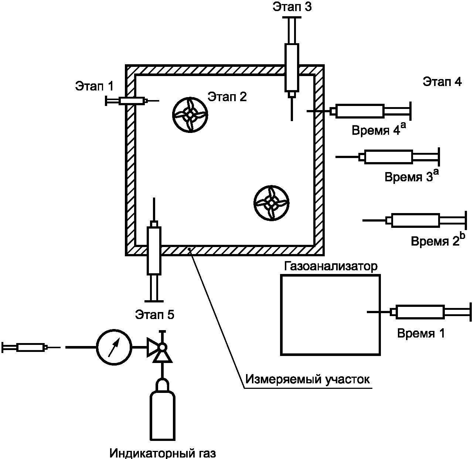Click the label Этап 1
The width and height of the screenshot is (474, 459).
[x=94, y=86]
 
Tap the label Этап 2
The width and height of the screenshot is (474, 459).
[x=227, y=97]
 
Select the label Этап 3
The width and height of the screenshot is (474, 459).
[x=292, y=7]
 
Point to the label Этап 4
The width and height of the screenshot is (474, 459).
[x=442, y=82]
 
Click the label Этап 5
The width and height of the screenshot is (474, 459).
[x=155, y=315]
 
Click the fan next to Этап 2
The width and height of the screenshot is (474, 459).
[x=190, y=115]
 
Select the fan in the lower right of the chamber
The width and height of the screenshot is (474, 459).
[x=271, y=203]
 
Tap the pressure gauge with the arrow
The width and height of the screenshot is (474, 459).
[x=114, y=347]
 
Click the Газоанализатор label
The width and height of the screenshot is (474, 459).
[x=331, y=266]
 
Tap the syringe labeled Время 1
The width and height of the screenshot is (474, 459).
[x=420, y=312]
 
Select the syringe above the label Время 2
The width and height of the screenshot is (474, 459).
[x=415, y=220]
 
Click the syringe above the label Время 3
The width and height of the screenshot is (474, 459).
[x=388, y=157]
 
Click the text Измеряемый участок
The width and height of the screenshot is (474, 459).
[x=308, y=379]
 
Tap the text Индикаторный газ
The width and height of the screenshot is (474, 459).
[x=163, y=453]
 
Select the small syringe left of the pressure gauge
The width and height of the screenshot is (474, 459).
[x=31, y=347]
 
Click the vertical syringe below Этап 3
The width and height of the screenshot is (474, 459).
[x=292, y=69]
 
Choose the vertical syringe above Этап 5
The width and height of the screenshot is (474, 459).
[x=154, y=250]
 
